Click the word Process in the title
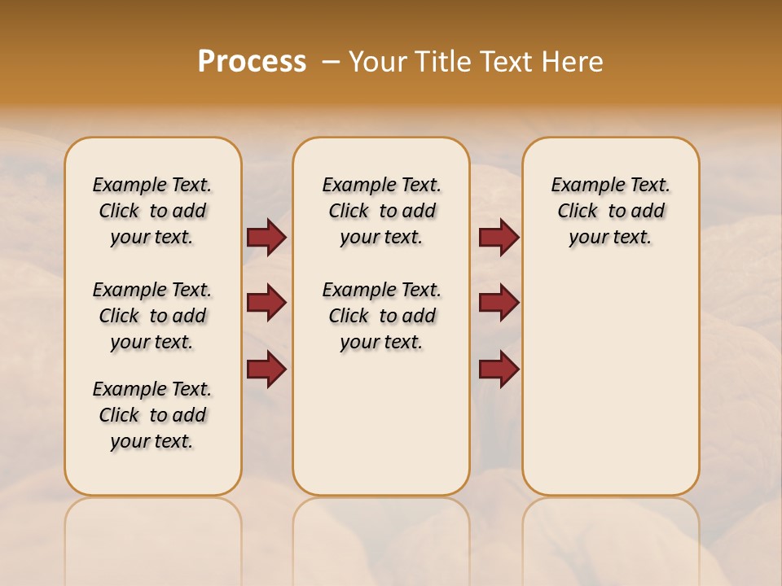coord(252,61)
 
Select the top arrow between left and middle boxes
coord(266,237)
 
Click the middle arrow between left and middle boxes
coord(266,303)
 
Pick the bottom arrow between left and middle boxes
coord(266,369)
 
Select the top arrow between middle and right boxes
coord(499,237)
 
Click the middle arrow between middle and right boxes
coord(499,303)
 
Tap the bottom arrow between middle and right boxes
coord(499,369)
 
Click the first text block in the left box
coord(152,211)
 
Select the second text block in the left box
coord(152,316)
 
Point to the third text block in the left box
coord(152,415)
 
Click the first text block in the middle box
coord(381,211)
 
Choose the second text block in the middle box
coord(381,316)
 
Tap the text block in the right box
coord(610,211)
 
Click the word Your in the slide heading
coord(379,62)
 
